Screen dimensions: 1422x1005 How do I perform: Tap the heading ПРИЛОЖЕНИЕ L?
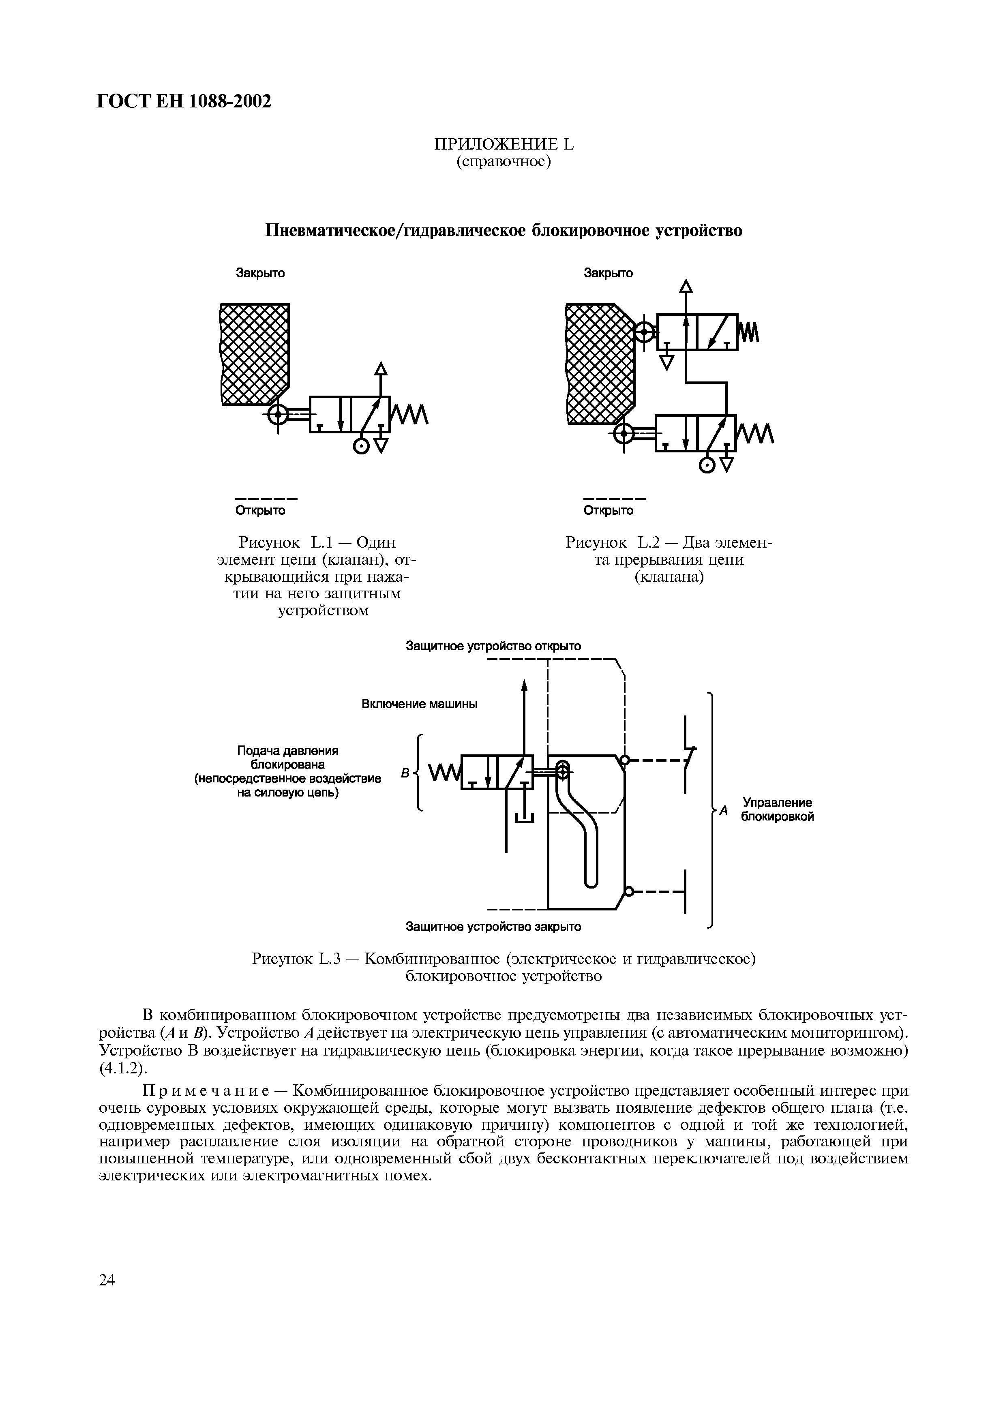pyautogui.click(x=504, y=145)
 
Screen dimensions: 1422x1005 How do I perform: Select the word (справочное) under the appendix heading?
pyautogui.click(x=504, y=162)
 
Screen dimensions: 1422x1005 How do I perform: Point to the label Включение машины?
pyautogui.click(x=419, y=705)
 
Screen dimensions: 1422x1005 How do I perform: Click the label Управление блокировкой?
pyautogui.click(x=777, y=810)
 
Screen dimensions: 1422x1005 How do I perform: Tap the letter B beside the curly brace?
pyautogui.click(x=405, y=773)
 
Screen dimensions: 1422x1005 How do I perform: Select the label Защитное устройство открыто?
pyautogui.click(x=493, y=646)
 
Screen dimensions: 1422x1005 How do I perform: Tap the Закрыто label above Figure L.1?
pyautogui.click(x=260, y=273)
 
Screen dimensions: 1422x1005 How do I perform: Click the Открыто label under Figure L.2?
pyautogui.click(x=609, y=510)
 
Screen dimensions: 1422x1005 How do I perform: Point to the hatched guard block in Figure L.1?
pyautogui.click(x=255, y=353)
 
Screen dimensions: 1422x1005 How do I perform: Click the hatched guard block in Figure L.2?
pyautogui.click(x=600, y=362)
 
